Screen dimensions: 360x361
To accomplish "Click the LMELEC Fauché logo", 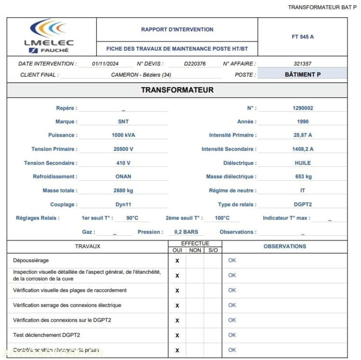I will tap(49, 36).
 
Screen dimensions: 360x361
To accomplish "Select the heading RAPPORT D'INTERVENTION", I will tap(177, 29).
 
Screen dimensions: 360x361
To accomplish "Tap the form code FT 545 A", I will tap(302, 37).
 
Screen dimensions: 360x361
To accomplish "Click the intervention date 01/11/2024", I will tap(105, 64).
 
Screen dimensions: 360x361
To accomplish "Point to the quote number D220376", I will tap(194, 64).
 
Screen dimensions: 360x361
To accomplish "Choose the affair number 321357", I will tap(302, 64).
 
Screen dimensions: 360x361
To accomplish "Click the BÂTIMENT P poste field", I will tap(302, 75).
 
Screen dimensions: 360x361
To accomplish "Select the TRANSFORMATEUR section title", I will tap(177, 90).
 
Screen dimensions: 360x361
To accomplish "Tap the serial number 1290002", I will tap(302, 108).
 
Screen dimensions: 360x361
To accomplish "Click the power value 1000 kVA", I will tap(123, 135).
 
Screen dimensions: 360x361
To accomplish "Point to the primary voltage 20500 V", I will tap(123, 149).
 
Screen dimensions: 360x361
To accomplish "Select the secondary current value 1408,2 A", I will tap(302, 149).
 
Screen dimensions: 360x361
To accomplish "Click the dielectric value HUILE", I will tap(302, 163).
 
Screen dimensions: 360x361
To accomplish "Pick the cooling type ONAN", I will tap(123, 177).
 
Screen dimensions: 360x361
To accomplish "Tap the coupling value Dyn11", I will tap(123, 205).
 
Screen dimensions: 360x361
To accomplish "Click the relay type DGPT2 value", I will tap(302, 205).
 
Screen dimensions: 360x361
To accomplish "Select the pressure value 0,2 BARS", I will tap(186, 232).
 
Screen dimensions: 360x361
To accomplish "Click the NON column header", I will tap(195, 250).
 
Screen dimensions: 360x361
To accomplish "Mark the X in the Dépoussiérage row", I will tap(177, 261).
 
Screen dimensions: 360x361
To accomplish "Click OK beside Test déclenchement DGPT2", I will tap(232, 335).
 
